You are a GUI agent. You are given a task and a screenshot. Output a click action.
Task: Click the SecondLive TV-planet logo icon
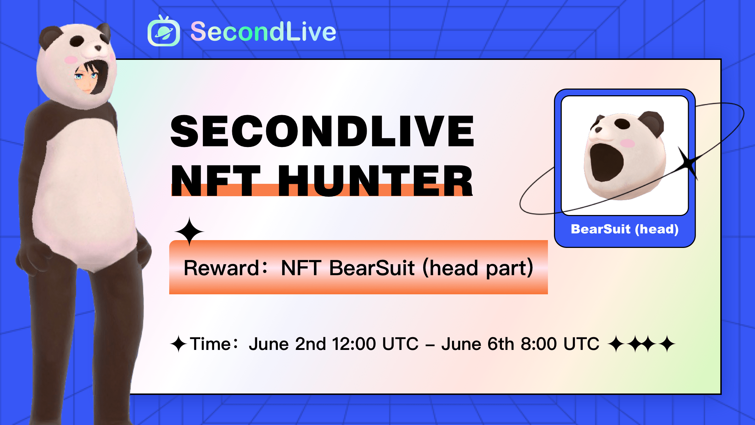click(164, 31)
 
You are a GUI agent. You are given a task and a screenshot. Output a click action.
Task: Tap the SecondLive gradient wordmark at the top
click(263, 32)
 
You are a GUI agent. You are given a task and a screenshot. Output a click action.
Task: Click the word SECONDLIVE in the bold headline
click(322, 131)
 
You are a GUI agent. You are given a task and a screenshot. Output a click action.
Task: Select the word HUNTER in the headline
click(375, 181)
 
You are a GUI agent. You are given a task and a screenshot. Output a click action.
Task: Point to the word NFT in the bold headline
click(216, 181)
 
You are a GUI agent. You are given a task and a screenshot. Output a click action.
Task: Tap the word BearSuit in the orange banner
click(372, 268)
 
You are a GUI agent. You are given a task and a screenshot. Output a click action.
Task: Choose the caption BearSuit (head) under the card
click(625, 229)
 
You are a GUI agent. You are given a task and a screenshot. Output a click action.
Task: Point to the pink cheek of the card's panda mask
click(628, 143)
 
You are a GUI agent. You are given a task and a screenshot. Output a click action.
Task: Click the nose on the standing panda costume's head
click(98, 47)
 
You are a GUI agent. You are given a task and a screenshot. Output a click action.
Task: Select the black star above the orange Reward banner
click(189, 231)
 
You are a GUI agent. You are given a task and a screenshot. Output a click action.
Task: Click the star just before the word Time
click(179, 344)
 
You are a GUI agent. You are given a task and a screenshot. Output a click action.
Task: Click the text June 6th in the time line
click(478, 344)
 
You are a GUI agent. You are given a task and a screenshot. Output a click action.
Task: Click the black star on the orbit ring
click(688, 163)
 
